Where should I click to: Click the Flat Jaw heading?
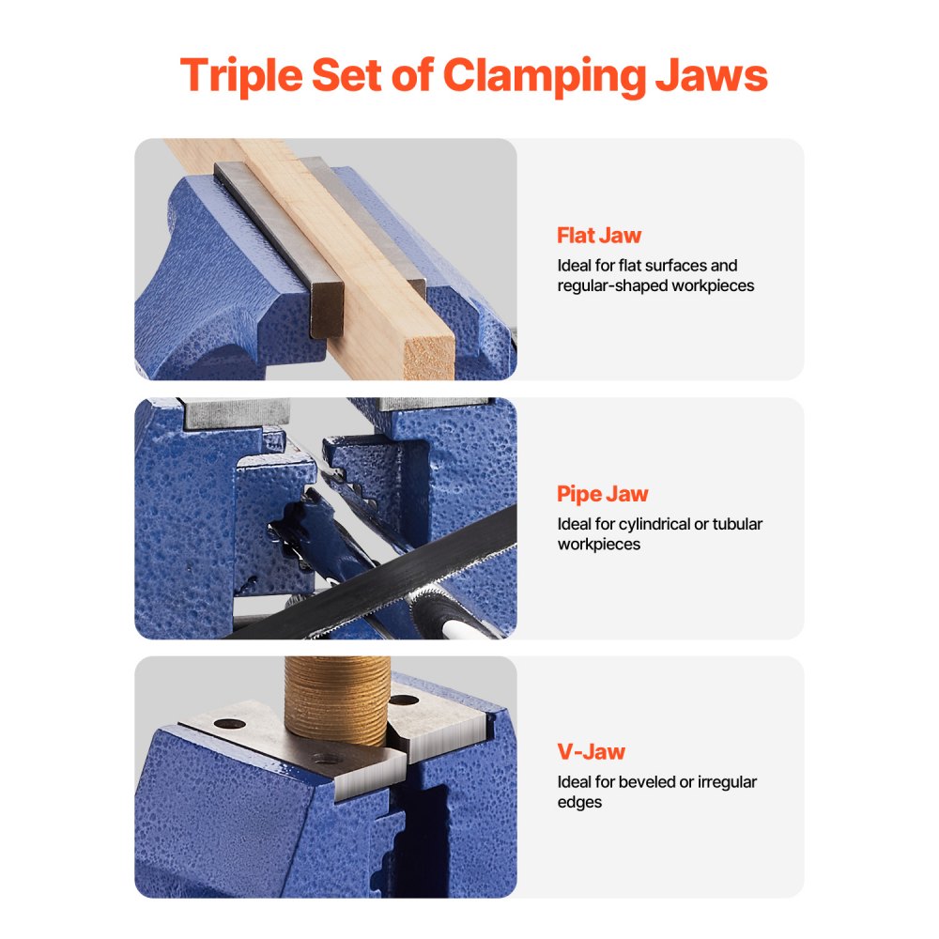tap(599, 235)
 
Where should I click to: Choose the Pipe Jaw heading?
tap(602, 494)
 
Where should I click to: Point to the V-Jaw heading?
tap(591, 751)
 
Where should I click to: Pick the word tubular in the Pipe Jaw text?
tap(736, 524)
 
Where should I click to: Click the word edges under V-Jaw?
tap(579, 802)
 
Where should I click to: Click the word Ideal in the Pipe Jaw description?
tap(576, 524)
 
